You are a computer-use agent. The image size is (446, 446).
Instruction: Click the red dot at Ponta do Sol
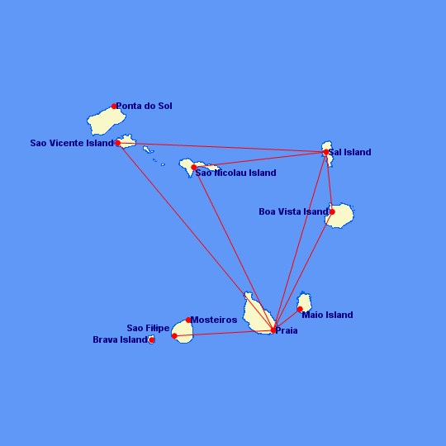coord(114,106)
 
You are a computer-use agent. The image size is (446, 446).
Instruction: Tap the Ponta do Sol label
coord(145,106)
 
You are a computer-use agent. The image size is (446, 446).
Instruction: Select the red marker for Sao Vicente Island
coord(118,143)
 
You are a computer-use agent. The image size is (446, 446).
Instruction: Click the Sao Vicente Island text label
coord(72,143)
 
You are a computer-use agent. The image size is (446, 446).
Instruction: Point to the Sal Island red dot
coord(326,152)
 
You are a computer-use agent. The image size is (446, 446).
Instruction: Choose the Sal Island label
coord(350,152)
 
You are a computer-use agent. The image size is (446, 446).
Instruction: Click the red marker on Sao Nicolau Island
coord(194,167)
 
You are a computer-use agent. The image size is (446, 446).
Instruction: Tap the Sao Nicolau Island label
coord(235,173)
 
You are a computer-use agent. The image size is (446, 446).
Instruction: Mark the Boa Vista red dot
coord(332,212)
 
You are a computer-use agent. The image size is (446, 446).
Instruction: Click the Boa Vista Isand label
coord(293,211)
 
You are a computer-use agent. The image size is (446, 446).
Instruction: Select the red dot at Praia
coord(273,330)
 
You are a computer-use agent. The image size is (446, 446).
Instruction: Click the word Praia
coord(287,330)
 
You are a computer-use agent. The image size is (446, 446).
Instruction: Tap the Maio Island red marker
coord(300,309)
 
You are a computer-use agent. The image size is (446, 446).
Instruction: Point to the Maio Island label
coord(327,315)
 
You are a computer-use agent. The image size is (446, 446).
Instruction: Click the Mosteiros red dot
coord(188,320)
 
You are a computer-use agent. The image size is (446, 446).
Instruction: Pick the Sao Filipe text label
coord(148,328)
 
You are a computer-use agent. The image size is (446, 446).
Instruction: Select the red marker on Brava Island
coord(152,340)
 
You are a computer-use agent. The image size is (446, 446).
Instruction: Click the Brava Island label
coord(120,339)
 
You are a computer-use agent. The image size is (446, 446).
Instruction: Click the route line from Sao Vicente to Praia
coord(196,237)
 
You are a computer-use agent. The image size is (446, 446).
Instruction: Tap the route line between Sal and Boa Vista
coord(329,182)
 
